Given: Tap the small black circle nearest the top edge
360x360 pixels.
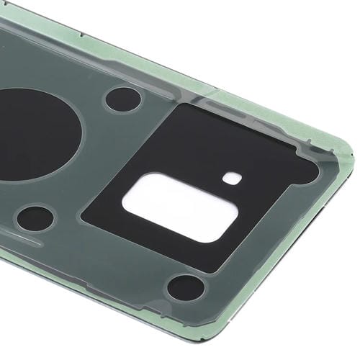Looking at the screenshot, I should (122, 99).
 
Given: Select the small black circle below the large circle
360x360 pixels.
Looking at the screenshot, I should (35, 217).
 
